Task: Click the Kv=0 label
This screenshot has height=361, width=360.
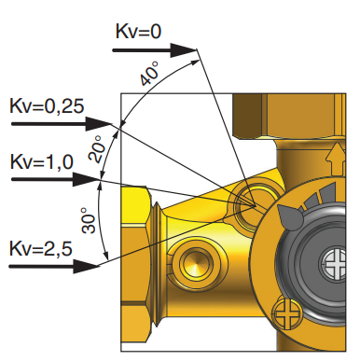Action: coord(138,32)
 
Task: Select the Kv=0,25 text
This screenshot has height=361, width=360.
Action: coord(47,106)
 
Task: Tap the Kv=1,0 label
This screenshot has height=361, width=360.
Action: coord(42,161)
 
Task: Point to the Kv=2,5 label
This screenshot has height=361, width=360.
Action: coord(41,248)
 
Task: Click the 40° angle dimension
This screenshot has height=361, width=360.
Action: coord(149,74)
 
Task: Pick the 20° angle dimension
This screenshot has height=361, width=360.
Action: coord(95,148)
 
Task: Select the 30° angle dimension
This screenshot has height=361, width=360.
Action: coord(89,220)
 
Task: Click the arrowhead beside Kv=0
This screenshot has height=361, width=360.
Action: coord(184,50)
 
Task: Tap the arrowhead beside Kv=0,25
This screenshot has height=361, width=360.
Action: coord(99,124)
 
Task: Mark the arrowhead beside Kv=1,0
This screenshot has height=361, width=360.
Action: coord(86,179)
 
